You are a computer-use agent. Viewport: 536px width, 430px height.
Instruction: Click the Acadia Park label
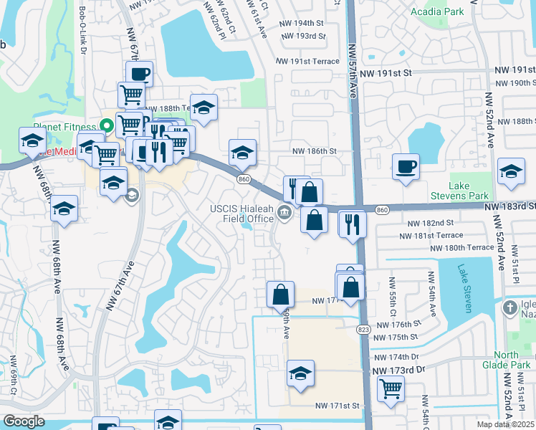click(436, 11)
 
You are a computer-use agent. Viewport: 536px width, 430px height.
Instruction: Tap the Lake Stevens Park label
click(459, 191)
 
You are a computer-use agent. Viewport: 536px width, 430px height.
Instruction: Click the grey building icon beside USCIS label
click(285, 211)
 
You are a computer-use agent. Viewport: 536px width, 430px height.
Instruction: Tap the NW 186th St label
click(314, 152)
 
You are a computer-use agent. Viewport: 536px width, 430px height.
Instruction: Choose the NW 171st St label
click(337, 406)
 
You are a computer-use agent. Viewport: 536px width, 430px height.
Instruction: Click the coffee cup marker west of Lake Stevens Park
click(406, 167)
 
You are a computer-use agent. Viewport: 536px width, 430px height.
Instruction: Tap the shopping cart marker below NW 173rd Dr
click(391, 388)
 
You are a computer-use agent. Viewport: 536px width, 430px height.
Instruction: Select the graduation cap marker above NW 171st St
click(300, 373)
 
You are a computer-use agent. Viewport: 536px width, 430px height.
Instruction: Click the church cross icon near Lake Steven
click(509, 308)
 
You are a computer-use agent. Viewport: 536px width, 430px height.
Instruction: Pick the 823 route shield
click(364, 328)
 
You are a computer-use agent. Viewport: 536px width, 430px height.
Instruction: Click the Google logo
click(24, 421)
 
